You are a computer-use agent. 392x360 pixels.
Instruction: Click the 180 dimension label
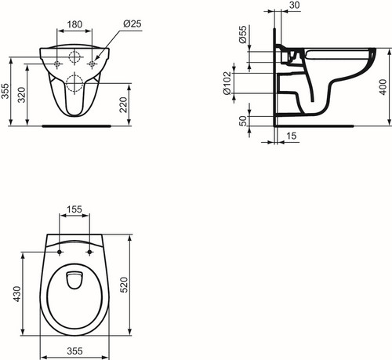tap(74, 24)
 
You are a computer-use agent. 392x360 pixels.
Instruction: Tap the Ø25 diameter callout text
tap(132, 24)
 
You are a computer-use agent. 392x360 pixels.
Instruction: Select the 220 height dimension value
tap(123, 104)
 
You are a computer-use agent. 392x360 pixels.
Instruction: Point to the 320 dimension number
tap(22, 95)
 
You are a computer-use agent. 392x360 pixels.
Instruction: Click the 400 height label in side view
tap(383, 87)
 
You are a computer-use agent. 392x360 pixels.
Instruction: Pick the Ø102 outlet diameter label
tap(227, 83)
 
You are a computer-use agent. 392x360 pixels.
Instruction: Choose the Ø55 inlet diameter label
tap(243, 35)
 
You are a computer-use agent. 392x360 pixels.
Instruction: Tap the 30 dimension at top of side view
tap(295, 5)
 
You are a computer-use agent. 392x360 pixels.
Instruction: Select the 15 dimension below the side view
tap(292, 136)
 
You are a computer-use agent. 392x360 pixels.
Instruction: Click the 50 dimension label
tap(243, 121)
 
